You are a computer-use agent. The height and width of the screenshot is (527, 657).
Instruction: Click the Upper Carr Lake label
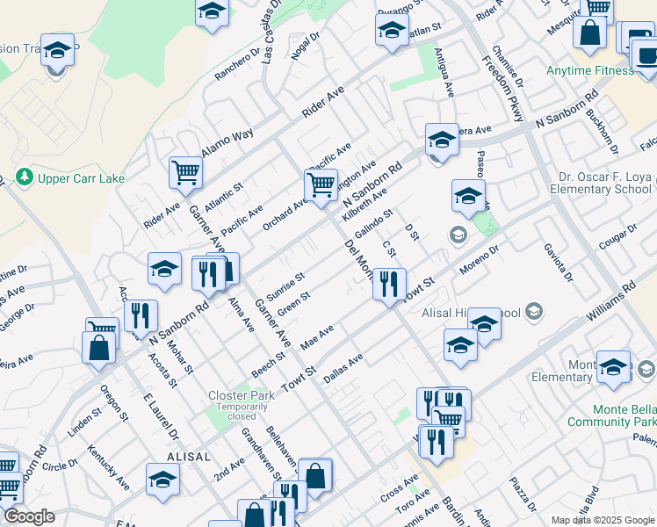point(79,178)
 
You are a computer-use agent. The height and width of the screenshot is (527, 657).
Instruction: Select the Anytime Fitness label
point(588,70)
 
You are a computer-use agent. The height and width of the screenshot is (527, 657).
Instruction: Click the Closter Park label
point(241,395)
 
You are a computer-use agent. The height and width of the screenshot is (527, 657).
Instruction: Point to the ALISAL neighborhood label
point(189,457)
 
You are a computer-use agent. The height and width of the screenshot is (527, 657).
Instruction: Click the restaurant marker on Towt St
point(389,283)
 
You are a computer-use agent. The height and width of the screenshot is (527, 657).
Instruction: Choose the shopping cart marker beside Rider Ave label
point(185,172)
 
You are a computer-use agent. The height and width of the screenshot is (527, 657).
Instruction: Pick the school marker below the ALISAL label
point(162,479)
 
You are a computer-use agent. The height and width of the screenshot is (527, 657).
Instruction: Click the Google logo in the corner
point(28,517)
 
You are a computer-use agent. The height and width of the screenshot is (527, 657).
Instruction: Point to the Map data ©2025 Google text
point(601,520)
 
